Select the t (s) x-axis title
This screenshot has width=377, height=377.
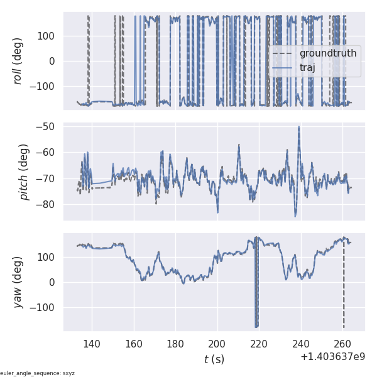click(x=214, y=359)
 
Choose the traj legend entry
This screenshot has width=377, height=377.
click(x=307, y=68)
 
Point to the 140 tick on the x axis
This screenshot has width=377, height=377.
click(x=92, y=344)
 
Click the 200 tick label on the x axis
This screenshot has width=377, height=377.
click(x=217, y=344)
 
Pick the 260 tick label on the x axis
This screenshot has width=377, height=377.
click(x=342, y=344)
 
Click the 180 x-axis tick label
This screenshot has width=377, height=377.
click(x=175, y=344)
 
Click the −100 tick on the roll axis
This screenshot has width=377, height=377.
click(x=44, y=87)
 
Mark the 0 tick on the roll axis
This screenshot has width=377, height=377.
click(x=53, y=61)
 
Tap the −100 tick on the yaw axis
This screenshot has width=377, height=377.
click(x=44, y=308)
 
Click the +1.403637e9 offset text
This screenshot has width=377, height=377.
click(x=332, y=356)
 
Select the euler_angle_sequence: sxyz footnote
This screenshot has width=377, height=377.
click(x=38, y=373)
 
